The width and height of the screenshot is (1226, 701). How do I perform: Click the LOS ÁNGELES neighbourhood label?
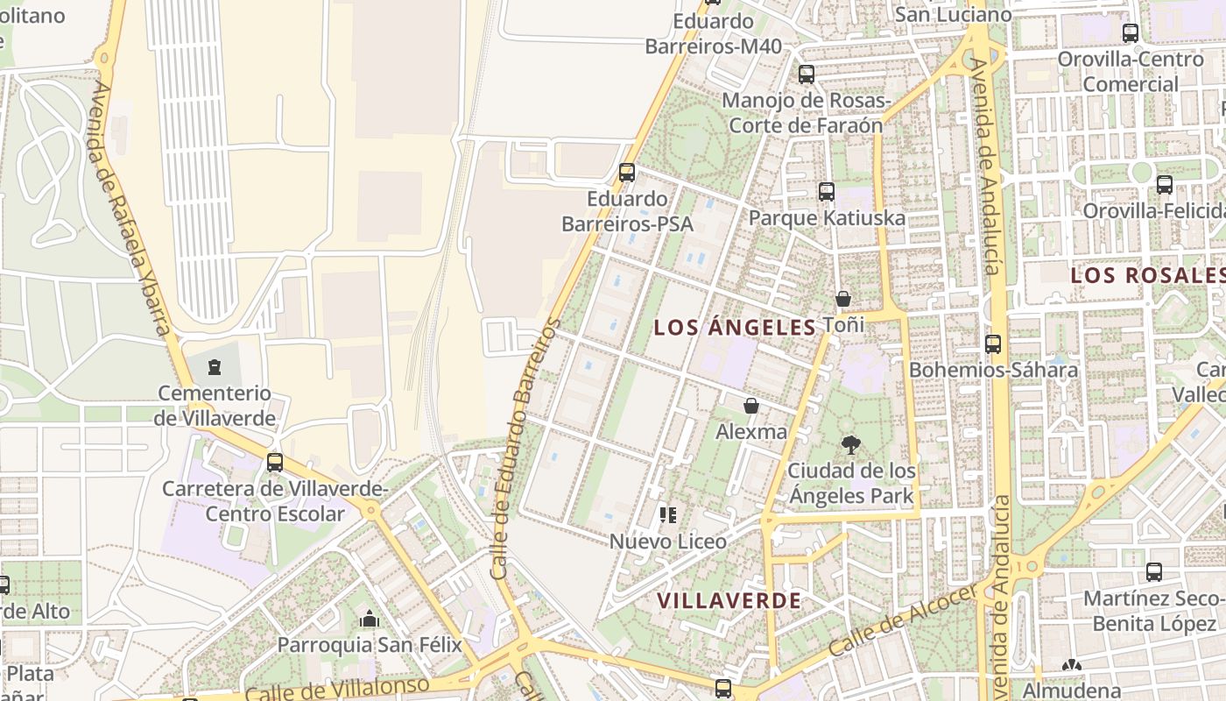[735, 328]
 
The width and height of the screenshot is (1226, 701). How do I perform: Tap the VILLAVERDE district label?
[728, 600]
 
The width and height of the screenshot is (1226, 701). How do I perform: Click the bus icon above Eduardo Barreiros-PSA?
[627, 172]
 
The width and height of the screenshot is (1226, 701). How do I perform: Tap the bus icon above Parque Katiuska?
[826, 191]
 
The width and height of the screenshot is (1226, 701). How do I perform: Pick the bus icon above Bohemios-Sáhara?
[992, 343]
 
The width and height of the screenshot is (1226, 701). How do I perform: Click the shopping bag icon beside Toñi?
[842, 300]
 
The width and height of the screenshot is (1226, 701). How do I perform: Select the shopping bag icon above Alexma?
[750, 406]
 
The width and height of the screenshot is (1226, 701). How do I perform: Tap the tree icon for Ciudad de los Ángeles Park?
[849, 445]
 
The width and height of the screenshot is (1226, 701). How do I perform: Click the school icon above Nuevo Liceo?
[668, 515]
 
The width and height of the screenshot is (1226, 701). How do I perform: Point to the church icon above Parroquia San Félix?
[369, 619]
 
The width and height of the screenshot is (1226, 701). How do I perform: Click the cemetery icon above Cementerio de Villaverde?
[215, 367]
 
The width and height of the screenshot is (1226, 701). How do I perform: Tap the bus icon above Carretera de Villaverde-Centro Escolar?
[275, 462]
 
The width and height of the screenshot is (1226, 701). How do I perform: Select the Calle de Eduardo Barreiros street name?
[525, 449]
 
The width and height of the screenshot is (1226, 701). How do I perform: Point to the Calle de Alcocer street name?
[901, 621]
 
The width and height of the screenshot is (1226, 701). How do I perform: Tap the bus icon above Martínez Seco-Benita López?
[1154, 572]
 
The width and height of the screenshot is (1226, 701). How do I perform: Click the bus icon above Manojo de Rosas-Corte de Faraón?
[806, 74]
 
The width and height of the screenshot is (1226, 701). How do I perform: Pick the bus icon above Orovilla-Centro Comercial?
[1131, 33]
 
